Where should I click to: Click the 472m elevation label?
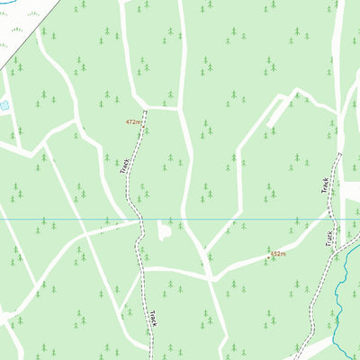133,121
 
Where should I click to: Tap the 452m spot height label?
278,254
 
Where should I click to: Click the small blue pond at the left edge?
4,105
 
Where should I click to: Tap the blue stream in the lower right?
340,297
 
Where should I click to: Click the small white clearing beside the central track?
164,231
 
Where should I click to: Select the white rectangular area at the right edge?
352,193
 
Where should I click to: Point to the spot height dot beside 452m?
269,255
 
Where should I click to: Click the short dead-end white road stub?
280,109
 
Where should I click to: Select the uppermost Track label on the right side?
325,185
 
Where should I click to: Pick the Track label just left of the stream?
329,238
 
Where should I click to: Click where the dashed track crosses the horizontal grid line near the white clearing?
139,219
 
